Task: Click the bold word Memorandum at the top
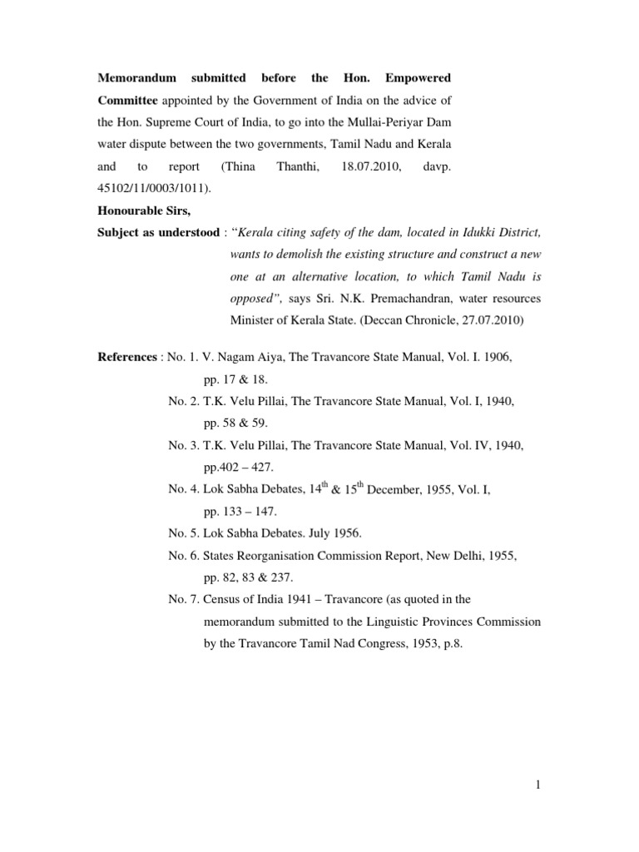pyautogui.click(x=137, y=77)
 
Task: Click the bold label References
pyautogui.click(x=126, y=356)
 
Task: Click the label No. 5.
pyautogui.click(x=183, y=513)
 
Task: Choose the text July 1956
pyautogui.click(x=339, y=513)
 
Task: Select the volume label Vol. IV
pyautogui.click(x=454, y=446)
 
